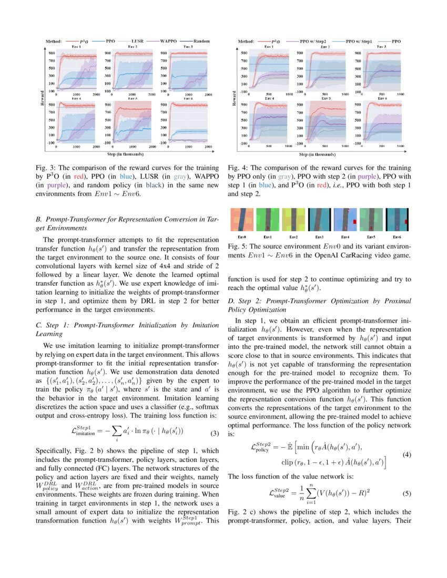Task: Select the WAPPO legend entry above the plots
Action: click(168, 40)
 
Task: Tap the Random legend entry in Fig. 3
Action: click(201, 40)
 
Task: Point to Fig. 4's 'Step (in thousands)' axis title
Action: click(317, 154)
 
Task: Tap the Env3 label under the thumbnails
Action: click(319, 237)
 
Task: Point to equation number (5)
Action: click(407, 493)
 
